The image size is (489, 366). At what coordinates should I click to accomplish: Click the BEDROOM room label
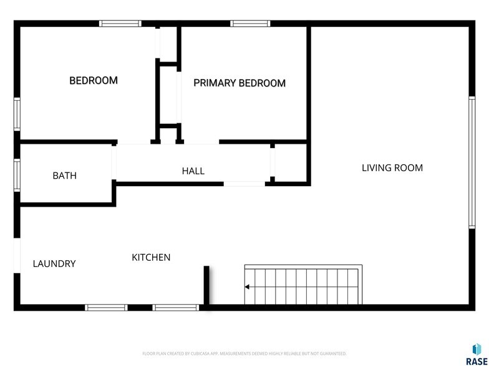click(x=94, y=80)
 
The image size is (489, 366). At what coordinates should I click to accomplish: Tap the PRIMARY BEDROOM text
click(x=240, y=83)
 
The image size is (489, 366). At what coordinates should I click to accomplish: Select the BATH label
click(x=64, y=176)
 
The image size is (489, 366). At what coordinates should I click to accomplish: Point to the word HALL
click(x=193, y=171)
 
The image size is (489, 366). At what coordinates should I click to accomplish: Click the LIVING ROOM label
click(x=392, y=167)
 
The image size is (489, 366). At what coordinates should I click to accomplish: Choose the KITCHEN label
click(x=151, y=257)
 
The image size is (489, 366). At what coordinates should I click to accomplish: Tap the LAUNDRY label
click(x=54, y=263)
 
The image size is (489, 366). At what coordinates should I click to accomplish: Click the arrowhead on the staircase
click(x=248, y=287)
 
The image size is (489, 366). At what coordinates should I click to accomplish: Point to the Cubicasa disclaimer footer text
click(x=244, y=354)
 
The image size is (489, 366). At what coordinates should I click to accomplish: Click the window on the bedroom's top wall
click(x=120, y=24)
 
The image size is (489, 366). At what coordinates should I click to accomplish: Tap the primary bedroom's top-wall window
click(x=249, y=24)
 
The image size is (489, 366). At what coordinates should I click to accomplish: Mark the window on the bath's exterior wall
click(x=17, y=174)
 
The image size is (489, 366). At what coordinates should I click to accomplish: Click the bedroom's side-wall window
click(x=17, y=114)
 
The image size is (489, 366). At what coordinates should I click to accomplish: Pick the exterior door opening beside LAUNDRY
click(x=17, y=255)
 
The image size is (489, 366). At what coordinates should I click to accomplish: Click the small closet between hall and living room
click(x=291, y=163)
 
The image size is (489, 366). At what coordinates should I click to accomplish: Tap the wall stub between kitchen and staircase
click(x=206, y=286)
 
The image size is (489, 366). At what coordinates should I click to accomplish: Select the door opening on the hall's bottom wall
click(x=244, y=184)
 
